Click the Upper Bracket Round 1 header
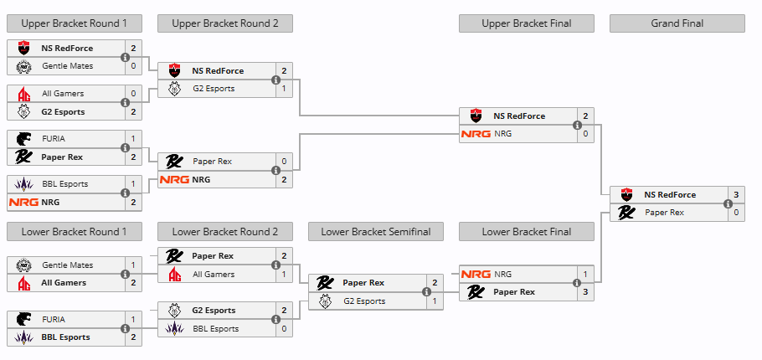(75, 23)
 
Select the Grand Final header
(677, 23)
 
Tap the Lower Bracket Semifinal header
(376, 232)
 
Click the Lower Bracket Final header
(527, 232)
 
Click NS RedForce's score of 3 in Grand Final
(736, 195)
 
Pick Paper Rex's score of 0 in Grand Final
(736, 213)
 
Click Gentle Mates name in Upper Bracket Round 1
(67, 66)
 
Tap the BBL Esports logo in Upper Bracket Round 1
(23, 184)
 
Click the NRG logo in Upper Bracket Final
(476, 134)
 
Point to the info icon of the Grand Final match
(729, 203)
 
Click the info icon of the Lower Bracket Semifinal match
(427, 291)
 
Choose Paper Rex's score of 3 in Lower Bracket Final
(585, 292)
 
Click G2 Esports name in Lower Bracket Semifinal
(364, 301)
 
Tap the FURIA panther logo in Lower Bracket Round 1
(23, 320)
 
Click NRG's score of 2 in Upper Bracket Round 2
(284, 180)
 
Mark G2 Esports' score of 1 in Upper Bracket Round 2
(284, 89)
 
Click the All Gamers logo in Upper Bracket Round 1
(23, 94)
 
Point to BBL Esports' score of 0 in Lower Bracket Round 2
(284, 329)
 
